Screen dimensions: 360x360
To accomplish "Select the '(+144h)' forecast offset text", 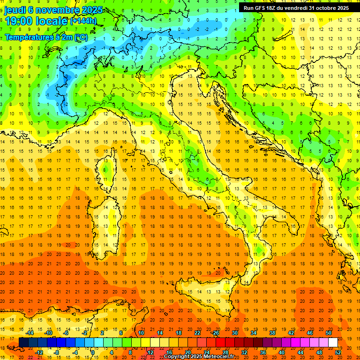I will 83,21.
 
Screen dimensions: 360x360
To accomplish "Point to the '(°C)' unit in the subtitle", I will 80,37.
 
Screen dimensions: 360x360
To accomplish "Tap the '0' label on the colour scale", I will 93,352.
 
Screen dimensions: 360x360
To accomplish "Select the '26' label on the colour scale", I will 216,333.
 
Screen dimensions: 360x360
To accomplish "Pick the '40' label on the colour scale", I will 282,352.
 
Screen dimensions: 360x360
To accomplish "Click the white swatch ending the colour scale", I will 333,343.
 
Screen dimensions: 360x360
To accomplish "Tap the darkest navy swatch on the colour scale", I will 23,343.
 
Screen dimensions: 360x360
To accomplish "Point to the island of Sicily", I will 206,291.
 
